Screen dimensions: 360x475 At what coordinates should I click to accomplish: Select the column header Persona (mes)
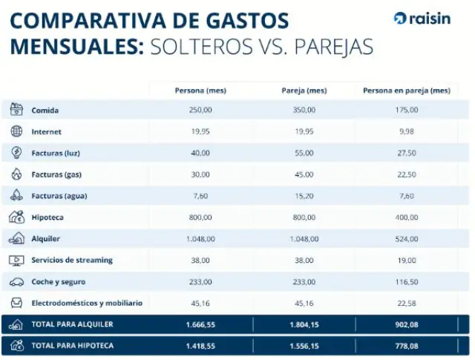click(200, 91)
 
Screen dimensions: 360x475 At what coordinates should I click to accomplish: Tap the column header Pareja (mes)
click(304, 91)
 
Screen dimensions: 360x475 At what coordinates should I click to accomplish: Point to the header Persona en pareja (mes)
click(406, 91)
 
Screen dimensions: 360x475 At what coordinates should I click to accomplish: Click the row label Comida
click(45, 110)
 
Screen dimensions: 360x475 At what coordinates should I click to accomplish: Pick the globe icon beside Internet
click(16, 131)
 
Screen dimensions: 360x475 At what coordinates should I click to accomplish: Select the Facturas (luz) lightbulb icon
click(16, 153)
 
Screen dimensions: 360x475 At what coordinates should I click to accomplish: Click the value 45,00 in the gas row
click(304, 174)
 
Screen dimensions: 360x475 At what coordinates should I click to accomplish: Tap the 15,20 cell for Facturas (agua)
click(304, 196)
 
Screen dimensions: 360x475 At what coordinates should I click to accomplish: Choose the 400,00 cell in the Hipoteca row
click(407, 217)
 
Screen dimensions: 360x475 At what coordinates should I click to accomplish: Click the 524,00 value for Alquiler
click(407, 239)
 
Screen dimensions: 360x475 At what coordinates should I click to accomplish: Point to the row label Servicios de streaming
click(72, 260)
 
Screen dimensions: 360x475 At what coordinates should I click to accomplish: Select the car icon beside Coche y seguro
click(16, 282)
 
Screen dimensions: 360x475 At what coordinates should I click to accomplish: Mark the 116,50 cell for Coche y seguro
click(407, 282)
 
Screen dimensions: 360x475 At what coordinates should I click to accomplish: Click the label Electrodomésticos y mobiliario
click(87, 303)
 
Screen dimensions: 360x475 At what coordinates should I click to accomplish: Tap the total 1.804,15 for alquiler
click(304, 324)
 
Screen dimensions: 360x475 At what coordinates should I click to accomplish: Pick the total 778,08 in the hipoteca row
click(407, 345)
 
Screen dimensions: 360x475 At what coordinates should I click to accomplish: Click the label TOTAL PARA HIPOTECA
click(72, 345)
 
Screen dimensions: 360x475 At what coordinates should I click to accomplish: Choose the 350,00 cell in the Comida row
click(304, 110)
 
